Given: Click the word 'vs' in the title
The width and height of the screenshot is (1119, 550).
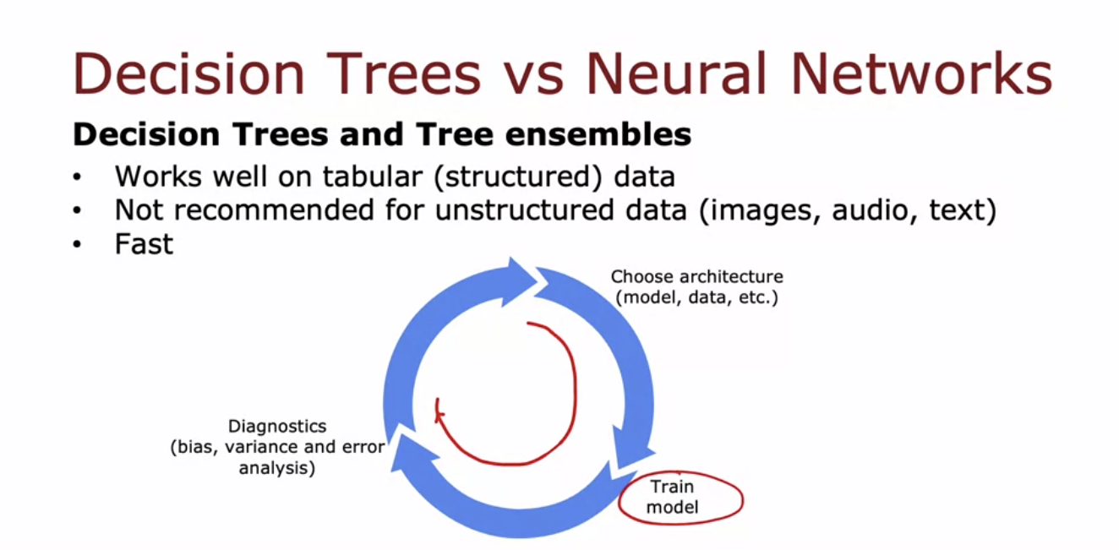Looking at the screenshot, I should click(532, 74).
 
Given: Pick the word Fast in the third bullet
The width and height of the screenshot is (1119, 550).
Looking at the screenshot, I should click(144, 244).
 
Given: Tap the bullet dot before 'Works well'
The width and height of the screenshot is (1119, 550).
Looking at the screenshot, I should click(79, 178).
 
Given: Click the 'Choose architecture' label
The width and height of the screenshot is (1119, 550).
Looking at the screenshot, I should click(696, 277).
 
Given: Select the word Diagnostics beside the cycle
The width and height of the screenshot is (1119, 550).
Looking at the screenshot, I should click(277, 427).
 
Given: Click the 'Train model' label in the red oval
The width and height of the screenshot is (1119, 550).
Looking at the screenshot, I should click(673, 498).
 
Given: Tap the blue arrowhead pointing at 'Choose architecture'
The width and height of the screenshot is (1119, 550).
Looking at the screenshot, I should click(516, 280).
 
